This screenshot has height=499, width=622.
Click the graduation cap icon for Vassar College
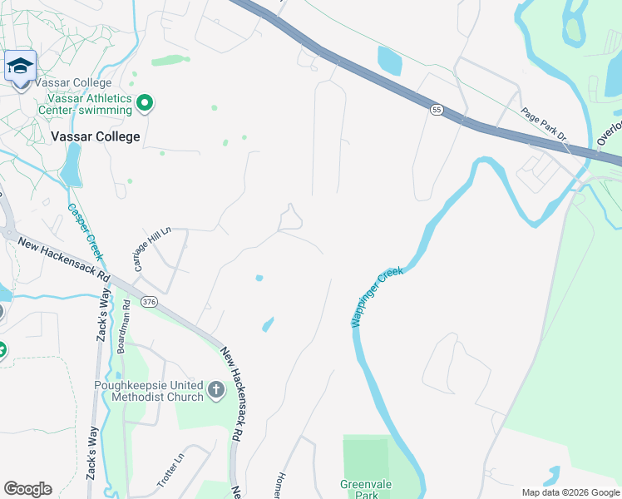[20, 67]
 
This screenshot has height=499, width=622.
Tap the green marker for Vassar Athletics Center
[145, 103]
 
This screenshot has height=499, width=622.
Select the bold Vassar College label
[95, 137]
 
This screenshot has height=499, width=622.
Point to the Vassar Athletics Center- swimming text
[84, 103]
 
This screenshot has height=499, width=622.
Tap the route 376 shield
[149, 300]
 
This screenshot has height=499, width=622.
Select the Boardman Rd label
[126, 327]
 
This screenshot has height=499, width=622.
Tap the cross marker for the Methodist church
[215, 388]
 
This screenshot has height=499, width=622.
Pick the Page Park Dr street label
[543, 125]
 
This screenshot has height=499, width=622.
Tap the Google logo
[27, 489]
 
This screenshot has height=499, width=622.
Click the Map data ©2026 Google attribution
[570, 492]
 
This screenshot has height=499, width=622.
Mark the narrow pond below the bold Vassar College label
[72, 163]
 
